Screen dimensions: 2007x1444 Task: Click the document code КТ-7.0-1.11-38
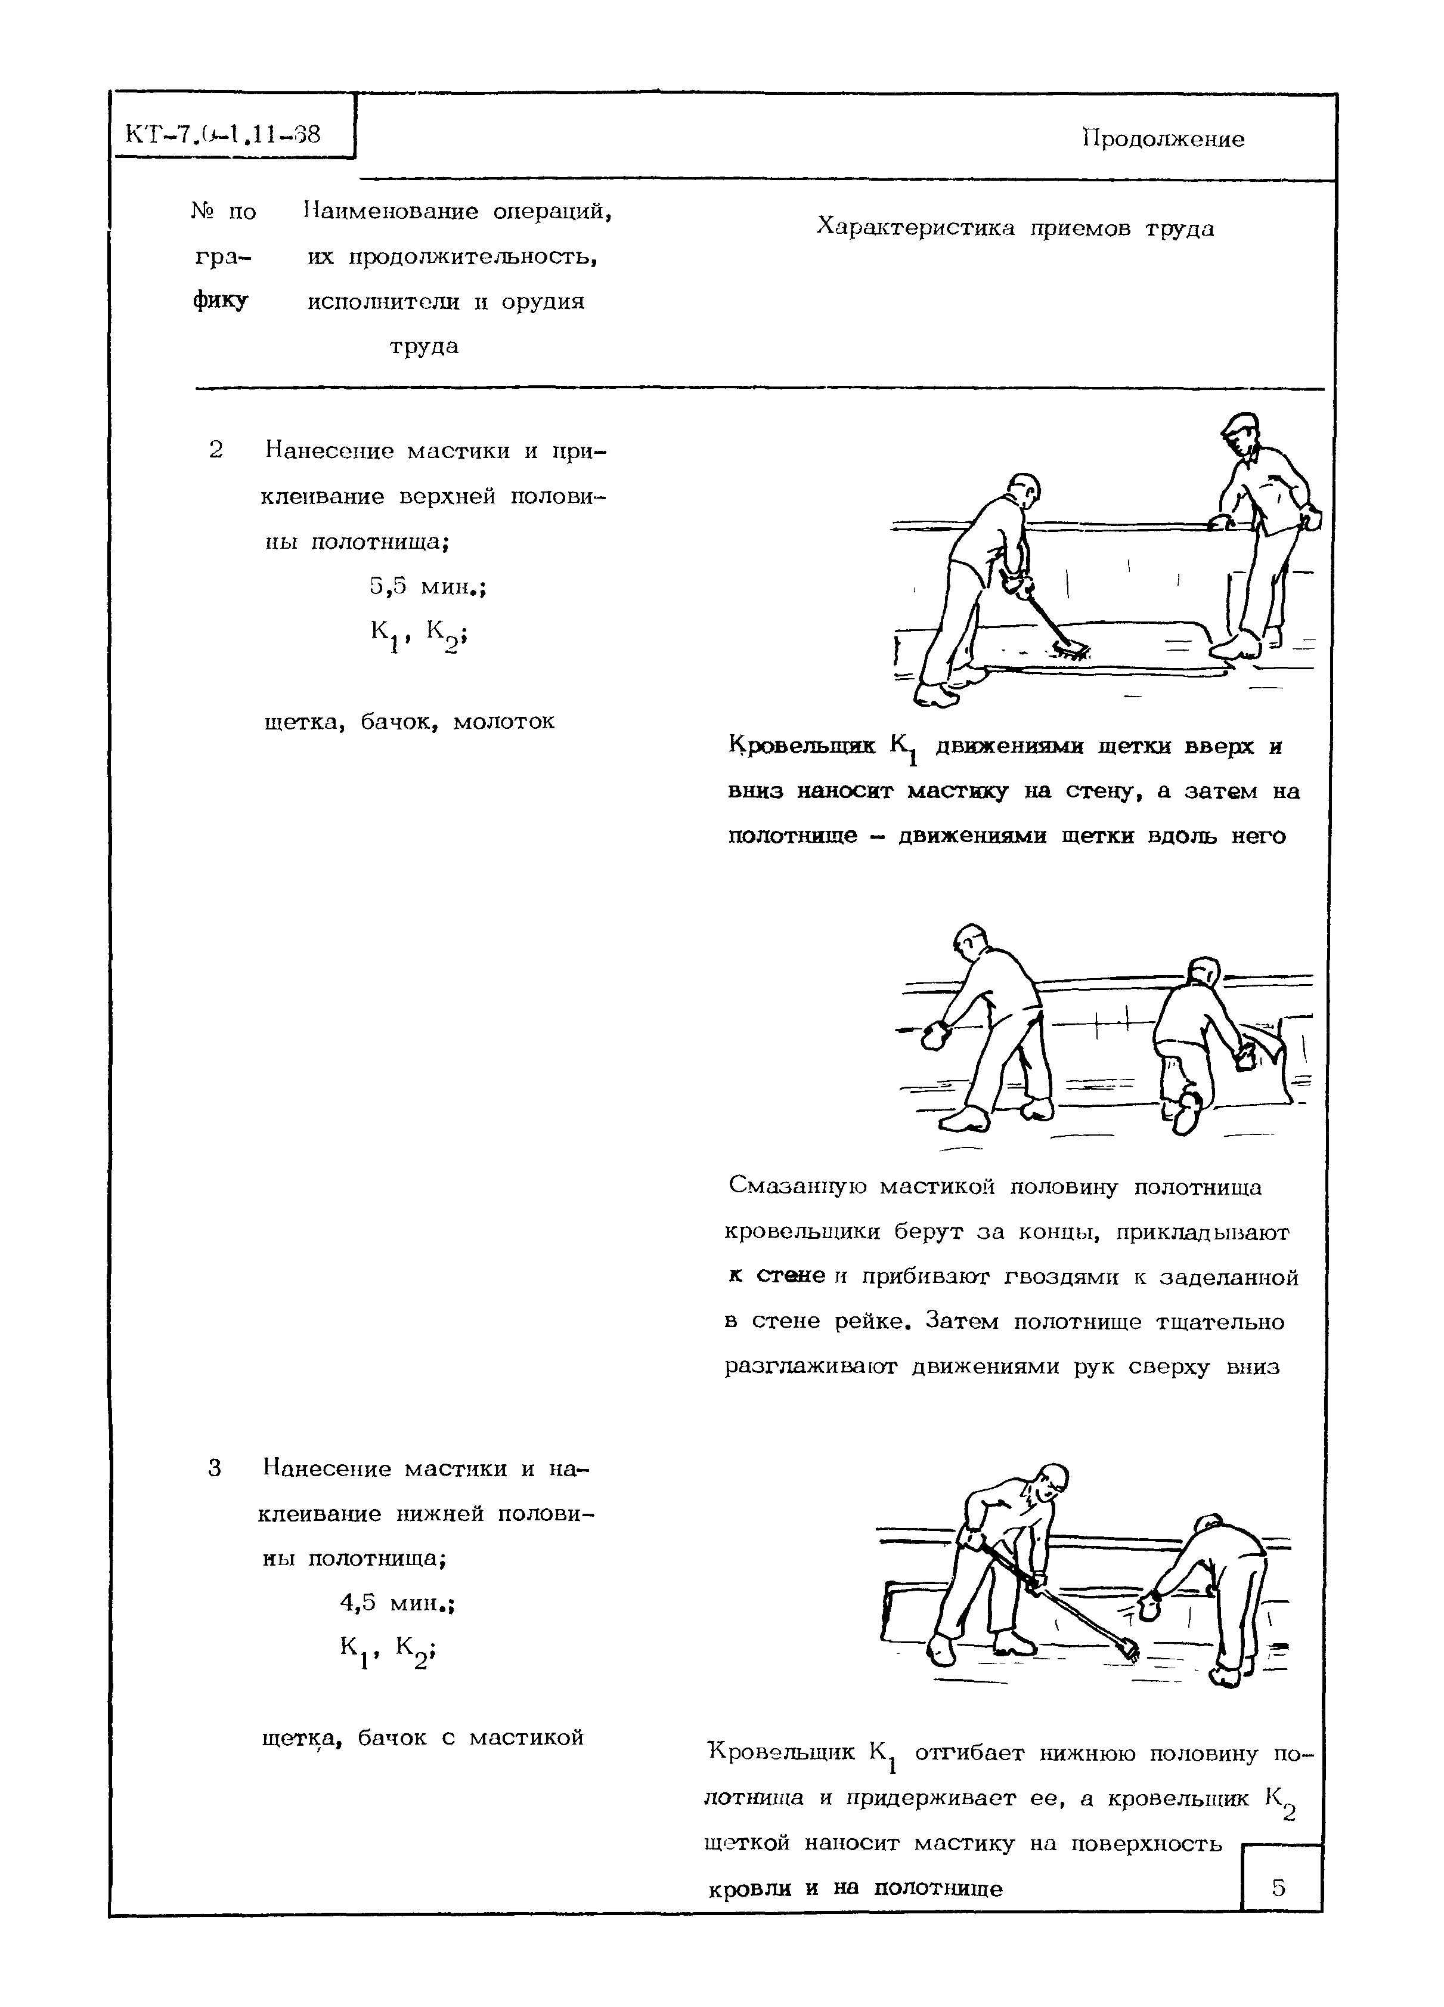tap(222, 135)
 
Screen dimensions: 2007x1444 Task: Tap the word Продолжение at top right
tap(1163, 139)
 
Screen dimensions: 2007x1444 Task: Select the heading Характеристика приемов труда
tap(1014, 228)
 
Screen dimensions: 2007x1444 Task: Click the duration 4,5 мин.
tap(397, 1601)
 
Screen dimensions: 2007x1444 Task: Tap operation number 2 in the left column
tap(216, 450)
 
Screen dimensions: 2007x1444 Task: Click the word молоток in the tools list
tap(503, 721)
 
